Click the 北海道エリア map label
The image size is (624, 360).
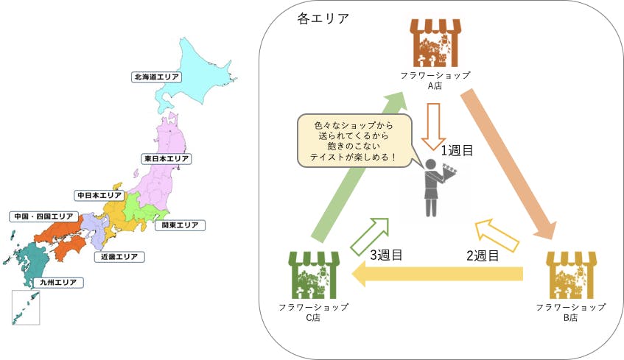tap(157, 76)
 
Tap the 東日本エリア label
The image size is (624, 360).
tap(167, 158)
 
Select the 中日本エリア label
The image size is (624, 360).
tap(99, 195)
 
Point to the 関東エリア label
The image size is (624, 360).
tap(180, 225)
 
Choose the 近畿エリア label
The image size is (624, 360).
tap(121, 257)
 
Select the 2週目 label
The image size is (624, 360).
tap(483, 256)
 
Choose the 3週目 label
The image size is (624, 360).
tap(386, 255)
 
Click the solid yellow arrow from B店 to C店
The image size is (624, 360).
tap(438, 275)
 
